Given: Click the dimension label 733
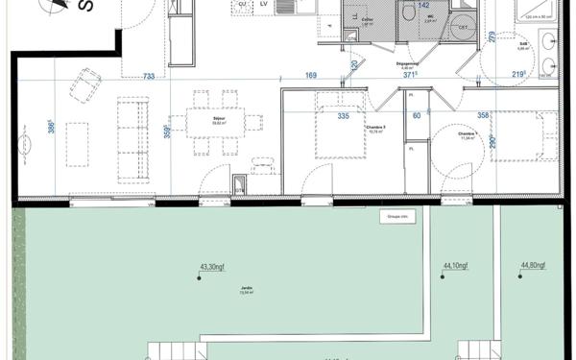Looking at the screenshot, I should [149, 76].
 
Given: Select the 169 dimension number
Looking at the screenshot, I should [311, 75].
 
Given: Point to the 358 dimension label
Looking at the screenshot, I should [484, 115].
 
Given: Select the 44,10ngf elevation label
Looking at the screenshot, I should [455, 266].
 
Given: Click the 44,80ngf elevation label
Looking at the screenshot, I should [534, 266].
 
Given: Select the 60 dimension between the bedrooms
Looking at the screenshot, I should [418, 115].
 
